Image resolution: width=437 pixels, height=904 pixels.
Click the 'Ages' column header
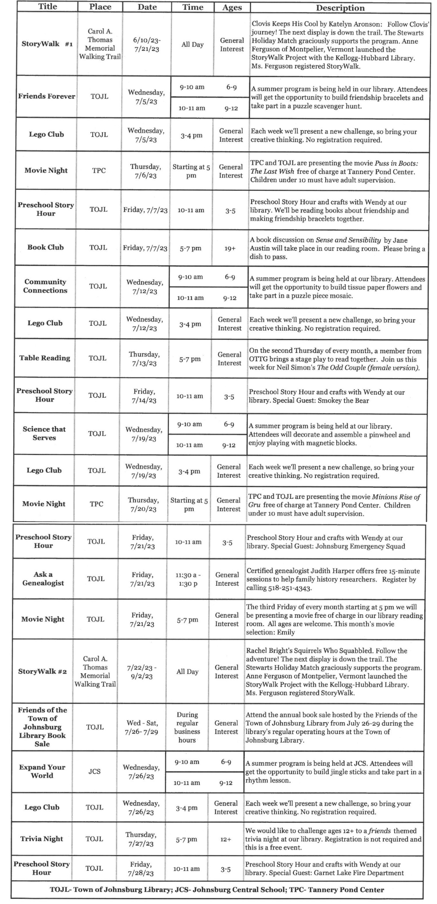point(232,7)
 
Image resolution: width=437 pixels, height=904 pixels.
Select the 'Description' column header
point(340,8)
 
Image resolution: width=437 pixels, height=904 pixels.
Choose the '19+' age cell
point(230,248)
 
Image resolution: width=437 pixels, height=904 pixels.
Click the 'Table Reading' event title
point(45,358)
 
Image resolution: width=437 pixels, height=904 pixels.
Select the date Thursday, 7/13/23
point(144,359)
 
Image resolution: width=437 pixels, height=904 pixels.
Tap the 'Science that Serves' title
point(44,434)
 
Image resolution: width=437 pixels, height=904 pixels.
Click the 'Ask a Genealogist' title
point(43,579)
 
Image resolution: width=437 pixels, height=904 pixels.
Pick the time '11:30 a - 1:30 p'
point(188,579)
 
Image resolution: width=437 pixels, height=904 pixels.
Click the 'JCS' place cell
point(95,771)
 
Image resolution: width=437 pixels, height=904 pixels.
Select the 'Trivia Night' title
point(41,839)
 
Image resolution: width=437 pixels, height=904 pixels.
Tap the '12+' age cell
point(226,839)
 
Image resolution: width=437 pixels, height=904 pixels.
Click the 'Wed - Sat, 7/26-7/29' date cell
point(142,727)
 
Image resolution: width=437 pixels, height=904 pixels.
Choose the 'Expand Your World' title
point(42,771)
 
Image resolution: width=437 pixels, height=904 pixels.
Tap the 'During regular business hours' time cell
point(187,727)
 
